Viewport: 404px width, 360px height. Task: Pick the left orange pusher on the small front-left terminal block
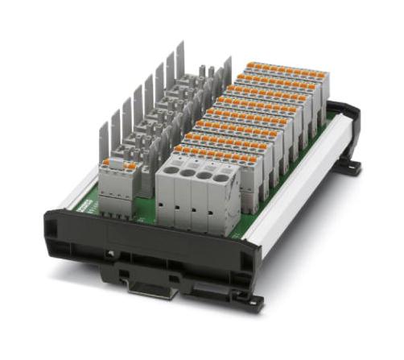pyautogui.click(x=109, y=164)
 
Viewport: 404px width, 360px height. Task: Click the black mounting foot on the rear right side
pyautogui.click(x=350, y=166)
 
